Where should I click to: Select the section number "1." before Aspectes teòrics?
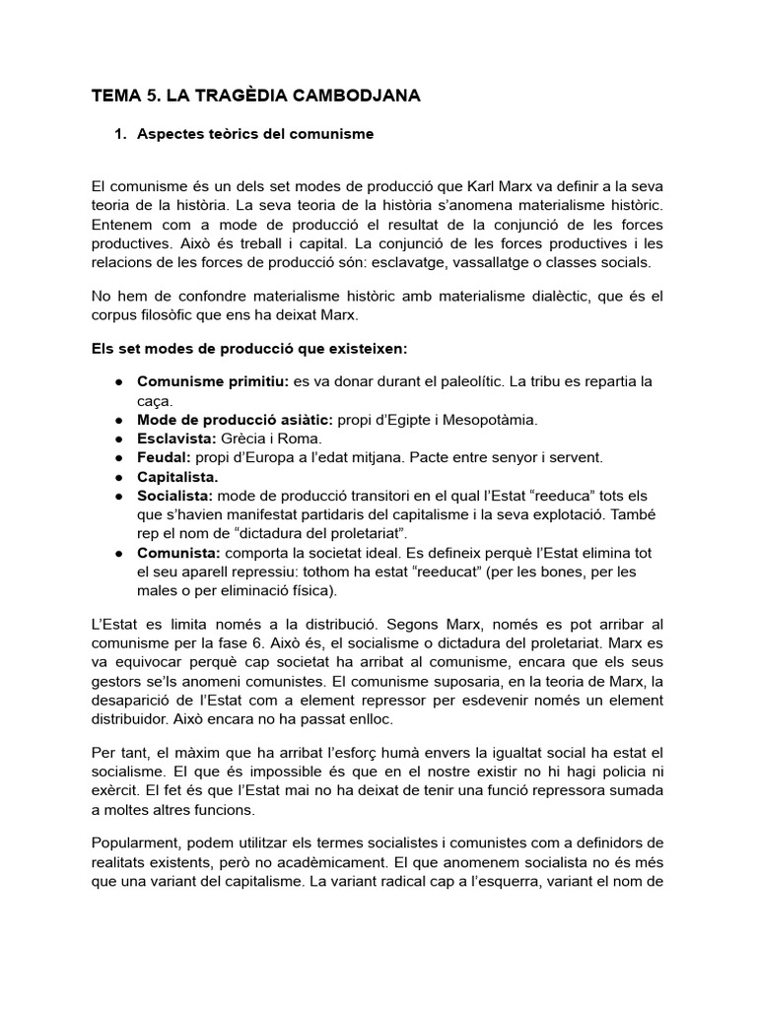coord(122,134)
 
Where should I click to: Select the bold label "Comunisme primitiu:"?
coord(198,381)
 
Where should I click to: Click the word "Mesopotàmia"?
coord(490,419)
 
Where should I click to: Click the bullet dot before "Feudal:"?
coord(118,457)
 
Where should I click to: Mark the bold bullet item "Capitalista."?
coord(177,476)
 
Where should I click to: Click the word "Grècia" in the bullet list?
coord(243,438)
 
